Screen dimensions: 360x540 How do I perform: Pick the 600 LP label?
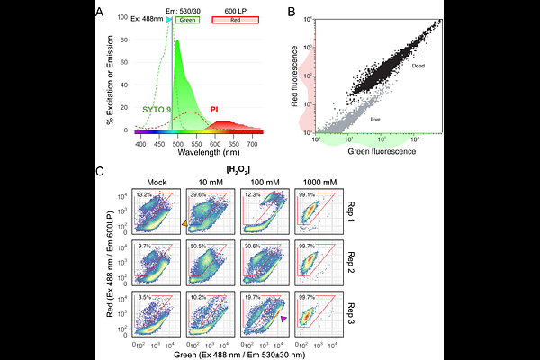click(236, 8)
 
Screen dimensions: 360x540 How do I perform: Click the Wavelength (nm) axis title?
click(202, 152)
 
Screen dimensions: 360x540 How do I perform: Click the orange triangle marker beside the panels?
click(184, 223)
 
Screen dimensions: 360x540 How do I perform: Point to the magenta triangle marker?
click(284, 319)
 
